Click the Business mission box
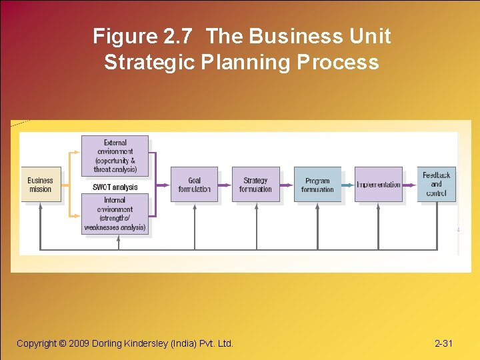40,185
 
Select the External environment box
115,156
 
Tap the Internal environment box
115,214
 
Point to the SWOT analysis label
115,187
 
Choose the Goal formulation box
194,185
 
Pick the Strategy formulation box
255,185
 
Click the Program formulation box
317,185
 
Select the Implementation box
379,185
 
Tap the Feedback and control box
436,185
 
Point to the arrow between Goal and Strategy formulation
225,185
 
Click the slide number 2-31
443,343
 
